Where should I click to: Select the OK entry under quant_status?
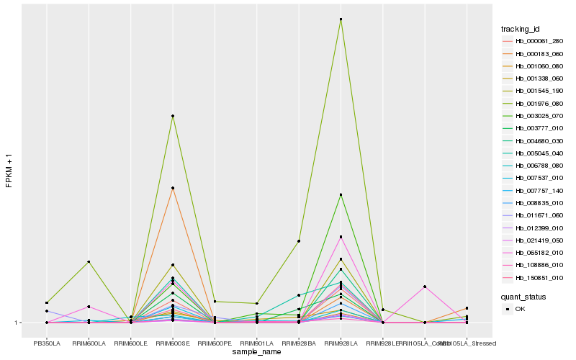(519, 309)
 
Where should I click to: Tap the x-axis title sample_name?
(257, 352)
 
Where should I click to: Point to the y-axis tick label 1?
(18, 323)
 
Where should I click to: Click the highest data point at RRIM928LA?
(341, 19)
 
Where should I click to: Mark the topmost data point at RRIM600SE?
(173, 116)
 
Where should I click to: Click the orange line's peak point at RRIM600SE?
(173, 189)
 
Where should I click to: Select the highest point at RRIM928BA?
(299, 241)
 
